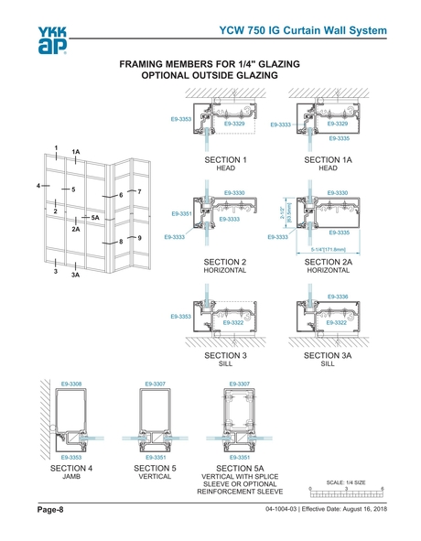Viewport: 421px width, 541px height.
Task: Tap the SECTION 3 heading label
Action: [x=225, y=354]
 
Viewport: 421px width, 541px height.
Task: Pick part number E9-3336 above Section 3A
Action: [x=336, y=296]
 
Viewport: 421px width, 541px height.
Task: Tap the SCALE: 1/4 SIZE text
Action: [x=346, y=481]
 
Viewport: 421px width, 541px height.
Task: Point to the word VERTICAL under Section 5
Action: [x=154, y=477]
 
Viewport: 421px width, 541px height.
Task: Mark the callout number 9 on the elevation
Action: [x=140, y=237]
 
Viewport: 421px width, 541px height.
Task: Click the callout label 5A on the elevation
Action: [x=96, y=217]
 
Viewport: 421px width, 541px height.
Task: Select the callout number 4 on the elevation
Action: [x=38, y=185]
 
